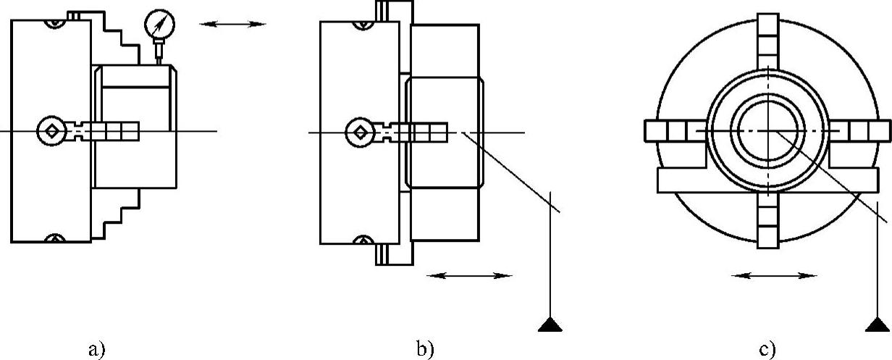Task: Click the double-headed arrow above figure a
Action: [x=233, y=24]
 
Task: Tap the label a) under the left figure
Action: [x=96, y=350]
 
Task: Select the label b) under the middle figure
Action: [x=425, y=350]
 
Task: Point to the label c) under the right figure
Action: [x=767, y=350]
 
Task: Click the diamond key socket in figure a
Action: [x=51, y=131]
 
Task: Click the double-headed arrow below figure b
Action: [x=469, y=275]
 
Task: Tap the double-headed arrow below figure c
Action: [x=775, y=275]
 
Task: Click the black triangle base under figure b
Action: [x=551, y=325]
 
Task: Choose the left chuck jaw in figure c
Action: [x=670, y=131]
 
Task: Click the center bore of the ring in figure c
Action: [x=767, y=131]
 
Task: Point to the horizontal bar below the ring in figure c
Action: [x=767, y=180]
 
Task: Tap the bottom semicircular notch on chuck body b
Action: [x=360, y=240]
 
